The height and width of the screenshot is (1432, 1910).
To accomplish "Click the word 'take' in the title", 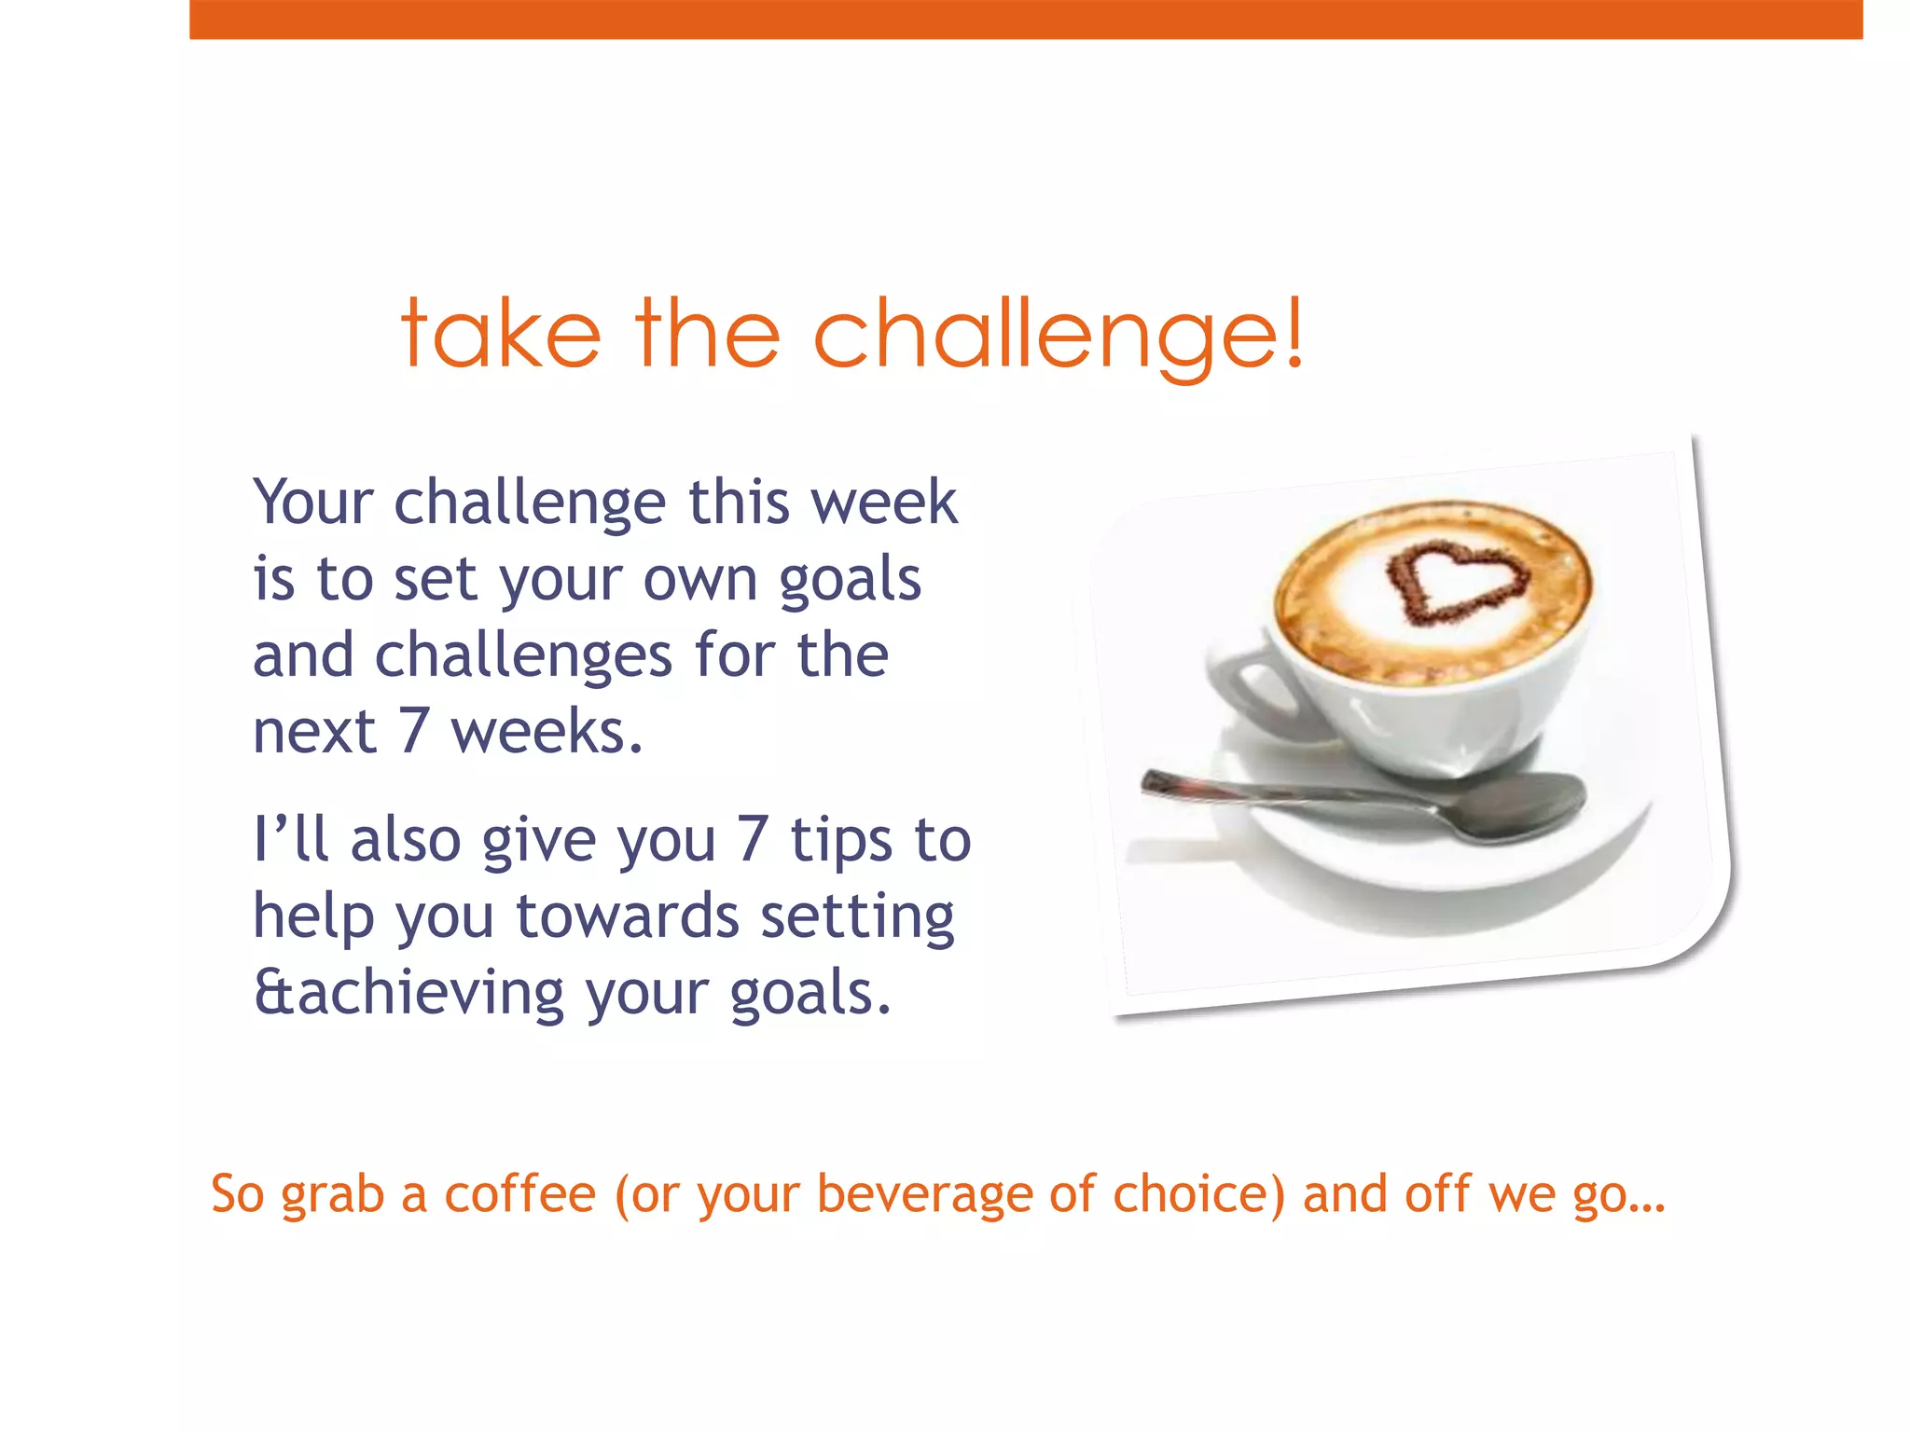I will click(501, 334).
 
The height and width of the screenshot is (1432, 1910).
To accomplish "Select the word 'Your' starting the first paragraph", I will click(313, 503).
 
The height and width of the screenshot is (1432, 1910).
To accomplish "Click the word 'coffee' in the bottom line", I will click(519, 1194).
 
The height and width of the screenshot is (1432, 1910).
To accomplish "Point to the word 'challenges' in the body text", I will click(522, 655).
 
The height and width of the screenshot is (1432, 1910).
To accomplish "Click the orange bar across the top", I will click(1026, 20).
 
